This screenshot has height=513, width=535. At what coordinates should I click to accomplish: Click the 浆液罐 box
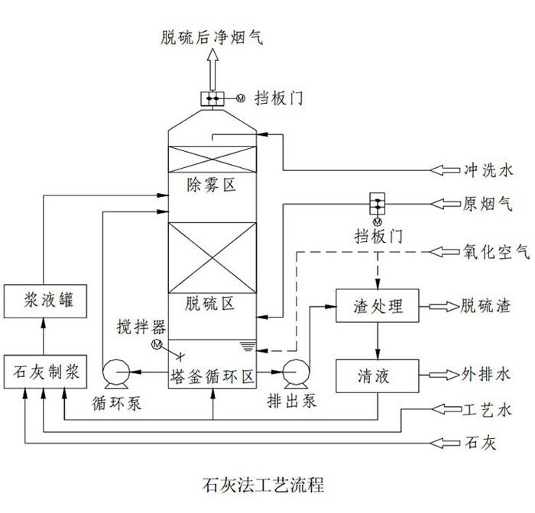[x=44, y=300]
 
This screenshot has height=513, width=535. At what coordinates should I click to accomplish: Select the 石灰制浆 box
[x=44, y=373]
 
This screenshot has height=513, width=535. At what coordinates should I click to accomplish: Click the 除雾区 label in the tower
[x=211, y=186]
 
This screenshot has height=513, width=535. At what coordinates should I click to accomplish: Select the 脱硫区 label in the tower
[x=211, y=304]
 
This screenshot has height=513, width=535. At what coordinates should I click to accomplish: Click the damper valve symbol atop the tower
[x=212, y=98]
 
